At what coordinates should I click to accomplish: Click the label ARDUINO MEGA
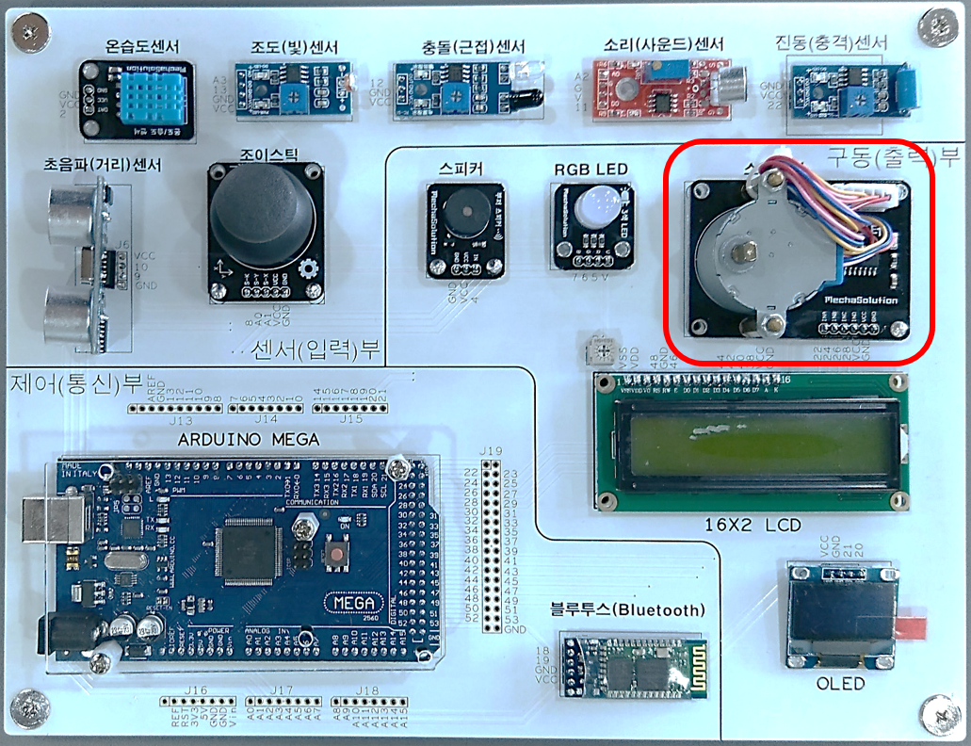click(x=249, y=440)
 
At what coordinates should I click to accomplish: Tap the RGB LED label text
click(x=591, y=170)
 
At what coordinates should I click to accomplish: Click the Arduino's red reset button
click(x=334, y=555)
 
